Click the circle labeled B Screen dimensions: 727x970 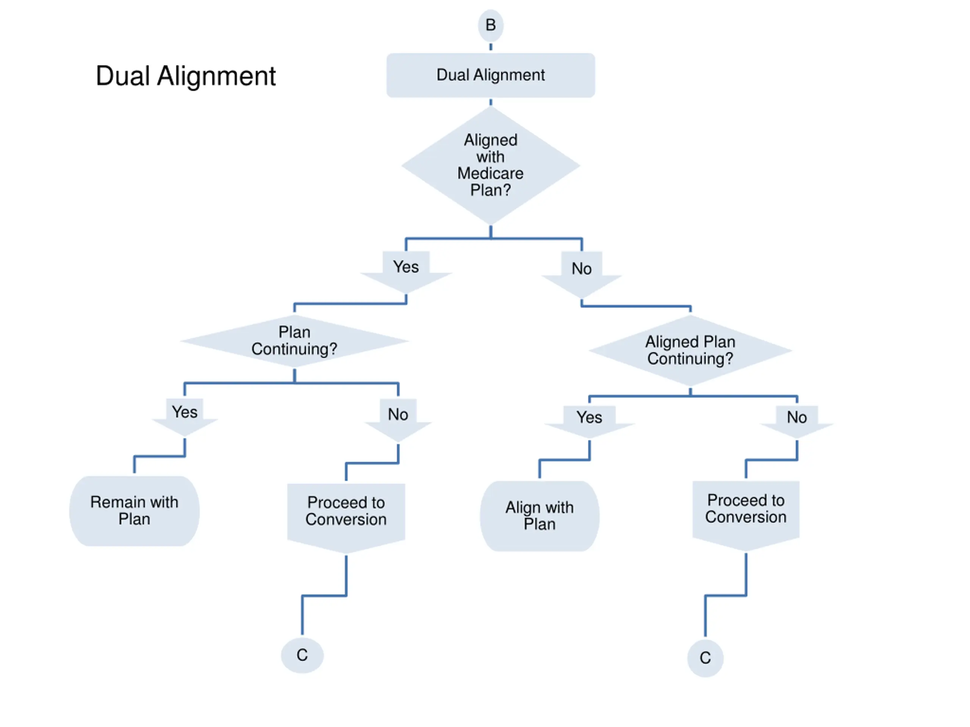[490, 25]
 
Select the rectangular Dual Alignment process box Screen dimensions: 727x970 [490, 75]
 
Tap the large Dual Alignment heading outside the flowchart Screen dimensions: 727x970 [186, 76]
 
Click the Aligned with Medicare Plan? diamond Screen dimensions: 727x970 [490, 165]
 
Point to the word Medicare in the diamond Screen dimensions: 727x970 [490, 173]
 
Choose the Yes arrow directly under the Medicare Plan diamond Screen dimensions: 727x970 [406, 270]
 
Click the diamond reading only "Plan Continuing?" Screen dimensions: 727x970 [294, 340]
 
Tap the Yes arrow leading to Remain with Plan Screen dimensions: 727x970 [185, 415]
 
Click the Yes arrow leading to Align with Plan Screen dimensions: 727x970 [589, 420]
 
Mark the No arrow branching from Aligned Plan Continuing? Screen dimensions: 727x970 [797, 420]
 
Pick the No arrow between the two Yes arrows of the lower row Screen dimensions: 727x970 [398, 418]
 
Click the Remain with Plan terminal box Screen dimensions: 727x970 [134, 510]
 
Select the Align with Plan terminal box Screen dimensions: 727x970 [540, 516]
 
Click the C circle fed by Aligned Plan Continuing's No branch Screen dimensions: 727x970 [705, 658]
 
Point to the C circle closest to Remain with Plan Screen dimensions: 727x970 [302, 655]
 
